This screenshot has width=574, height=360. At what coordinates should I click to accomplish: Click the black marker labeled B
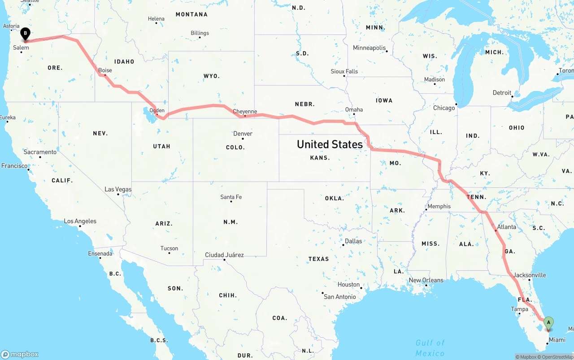26,33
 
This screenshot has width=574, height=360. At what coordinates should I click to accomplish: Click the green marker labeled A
548,322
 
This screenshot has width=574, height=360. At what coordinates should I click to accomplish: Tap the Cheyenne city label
245,112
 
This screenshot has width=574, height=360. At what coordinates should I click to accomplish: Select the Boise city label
105,70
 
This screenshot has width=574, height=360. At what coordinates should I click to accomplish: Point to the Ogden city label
157,110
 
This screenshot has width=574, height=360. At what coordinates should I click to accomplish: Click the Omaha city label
354,109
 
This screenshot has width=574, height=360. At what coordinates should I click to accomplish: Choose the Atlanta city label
506,227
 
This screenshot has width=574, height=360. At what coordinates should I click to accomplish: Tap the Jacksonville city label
530,275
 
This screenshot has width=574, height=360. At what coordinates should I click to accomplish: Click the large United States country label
330,144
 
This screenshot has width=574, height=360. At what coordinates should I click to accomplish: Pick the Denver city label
243,134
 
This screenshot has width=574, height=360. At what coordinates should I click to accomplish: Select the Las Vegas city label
118,189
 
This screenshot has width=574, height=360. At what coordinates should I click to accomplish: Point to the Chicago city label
444,108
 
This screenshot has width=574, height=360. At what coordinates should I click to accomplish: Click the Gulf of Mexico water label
430,348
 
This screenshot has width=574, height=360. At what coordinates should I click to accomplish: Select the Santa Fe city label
231,197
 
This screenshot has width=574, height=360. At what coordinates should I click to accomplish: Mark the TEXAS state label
318,259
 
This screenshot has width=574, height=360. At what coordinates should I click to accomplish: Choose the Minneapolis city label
369,48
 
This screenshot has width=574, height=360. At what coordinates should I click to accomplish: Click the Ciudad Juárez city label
224,255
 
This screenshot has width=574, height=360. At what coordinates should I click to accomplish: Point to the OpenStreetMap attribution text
557,357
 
